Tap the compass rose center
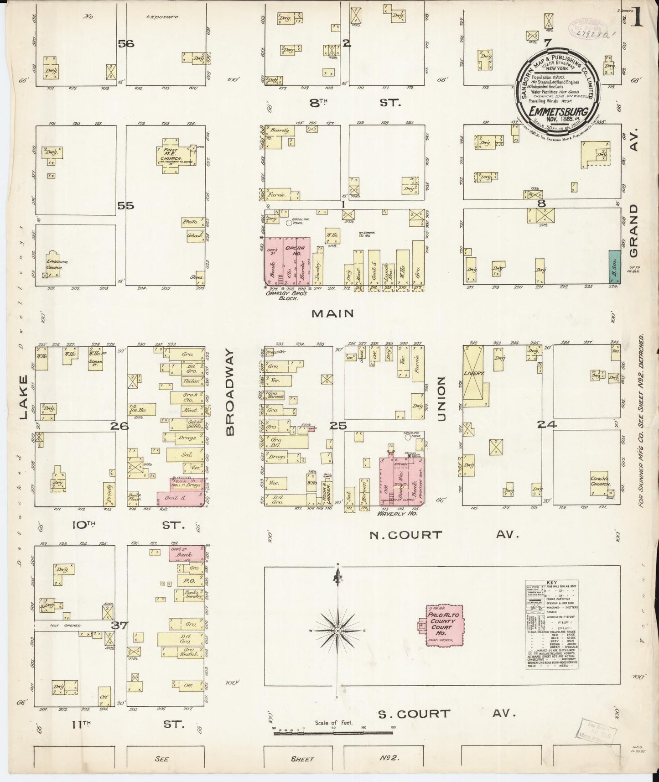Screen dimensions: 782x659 (x=337, y=631)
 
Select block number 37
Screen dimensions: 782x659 (x=120, y=626)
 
